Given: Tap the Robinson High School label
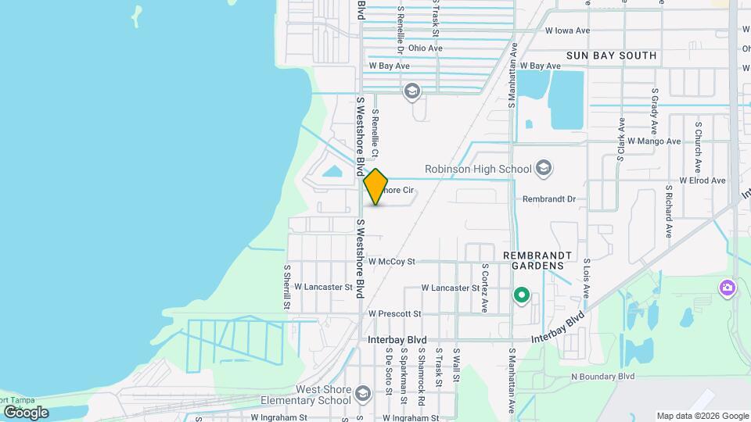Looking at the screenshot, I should tap(477, 169).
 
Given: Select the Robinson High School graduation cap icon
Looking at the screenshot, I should tap(544, 169).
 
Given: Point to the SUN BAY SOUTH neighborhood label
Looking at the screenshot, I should tap(611, 55).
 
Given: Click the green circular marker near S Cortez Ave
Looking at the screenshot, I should tap(521, 296).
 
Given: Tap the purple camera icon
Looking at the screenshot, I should tap(728, 289).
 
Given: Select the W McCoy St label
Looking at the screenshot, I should tap(402, 261).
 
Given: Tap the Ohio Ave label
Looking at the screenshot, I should tap(425, 48).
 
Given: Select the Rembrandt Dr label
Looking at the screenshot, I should tap(548, 199).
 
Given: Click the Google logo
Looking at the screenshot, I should tap(26, 412).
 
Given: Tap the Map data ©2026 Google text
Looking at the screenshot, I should tap(702, 416).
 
